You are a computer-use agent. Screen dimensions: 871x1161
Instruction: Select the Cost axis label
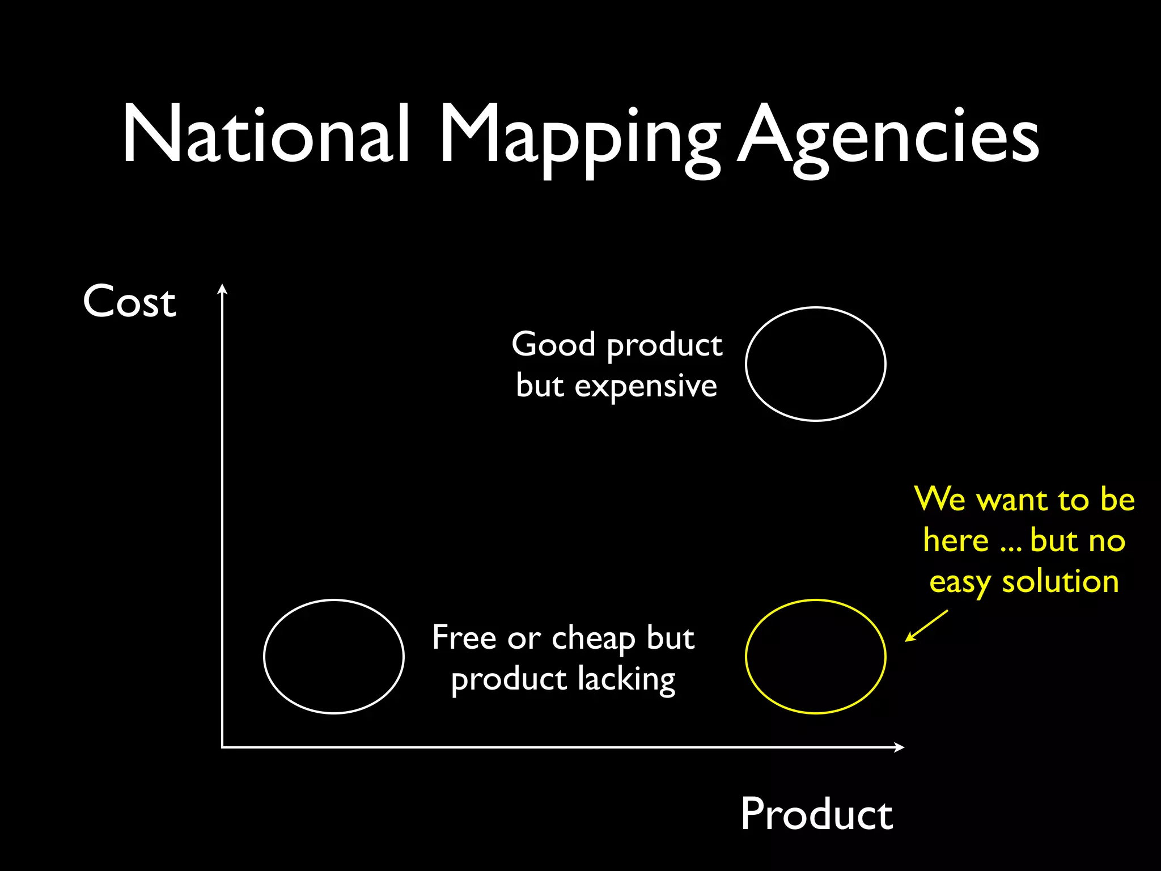(x=129, y=301)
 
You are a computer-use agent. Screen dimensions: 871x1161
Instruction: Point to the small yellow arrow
(x=926, y=626)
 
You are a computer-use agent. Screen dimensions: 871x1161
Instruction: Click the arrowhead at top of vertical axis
(x=223, y=289)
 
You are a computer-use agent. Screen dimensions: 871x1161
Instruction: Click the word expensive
(x=646, y=387)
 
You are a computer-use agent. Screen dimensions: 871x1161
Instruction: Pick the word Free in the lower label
(x=464, y=637)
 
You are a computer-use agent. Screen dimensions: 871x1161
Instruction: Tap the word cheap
(x=594, y=639)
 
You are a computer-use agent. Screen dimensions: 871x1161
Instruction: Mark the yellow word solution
(x=1060, y=582)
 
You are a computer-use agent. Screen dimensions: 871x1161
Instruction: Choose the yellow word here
(x=956, y=540)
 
